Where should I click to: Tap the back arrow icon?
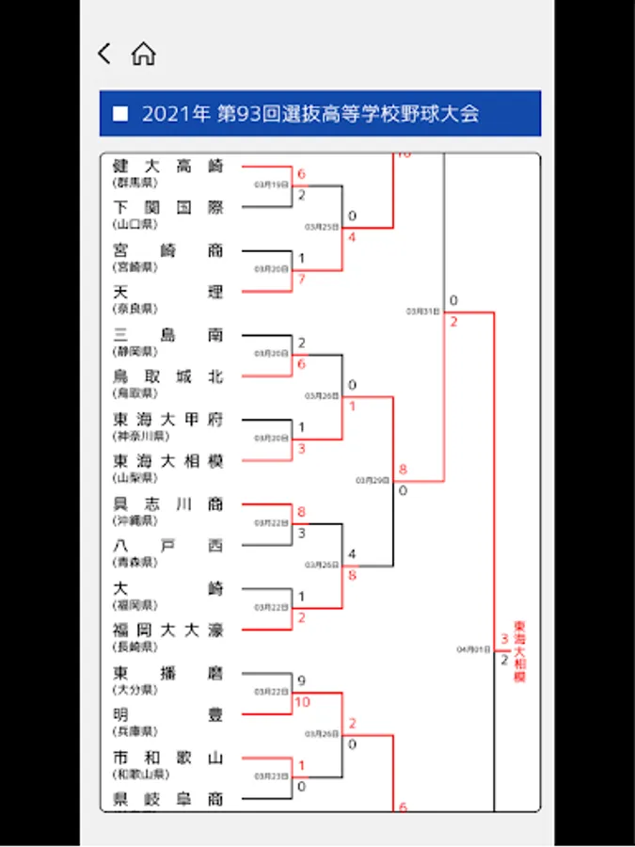104,54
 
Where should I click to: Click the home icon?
143,54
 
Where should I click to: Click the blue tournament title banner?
320,114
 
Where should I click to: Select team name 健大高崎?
167,166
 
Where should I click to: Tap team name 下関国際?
167,208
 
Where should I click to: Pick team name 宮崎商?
167,250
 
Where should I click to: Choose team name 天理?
167,292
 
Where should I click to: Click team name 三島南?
167,335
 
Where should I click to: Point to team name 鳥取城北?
167,376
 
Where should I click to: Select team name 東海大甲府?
167,420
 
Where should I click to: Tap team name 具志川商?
167,503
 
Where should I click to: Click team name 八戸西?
167,546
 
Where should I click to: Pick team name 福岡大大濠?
167,631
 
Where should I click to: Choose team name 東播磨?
167,673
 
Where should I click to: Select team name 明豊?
167,715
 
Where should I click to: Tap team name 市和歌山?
167,758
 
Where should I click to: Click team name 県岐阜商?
167,799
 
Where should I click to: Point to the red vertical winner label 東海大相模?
519,650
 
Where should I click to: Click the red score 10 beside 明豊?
302,702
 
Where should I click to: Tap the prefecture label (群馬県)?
135,182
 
